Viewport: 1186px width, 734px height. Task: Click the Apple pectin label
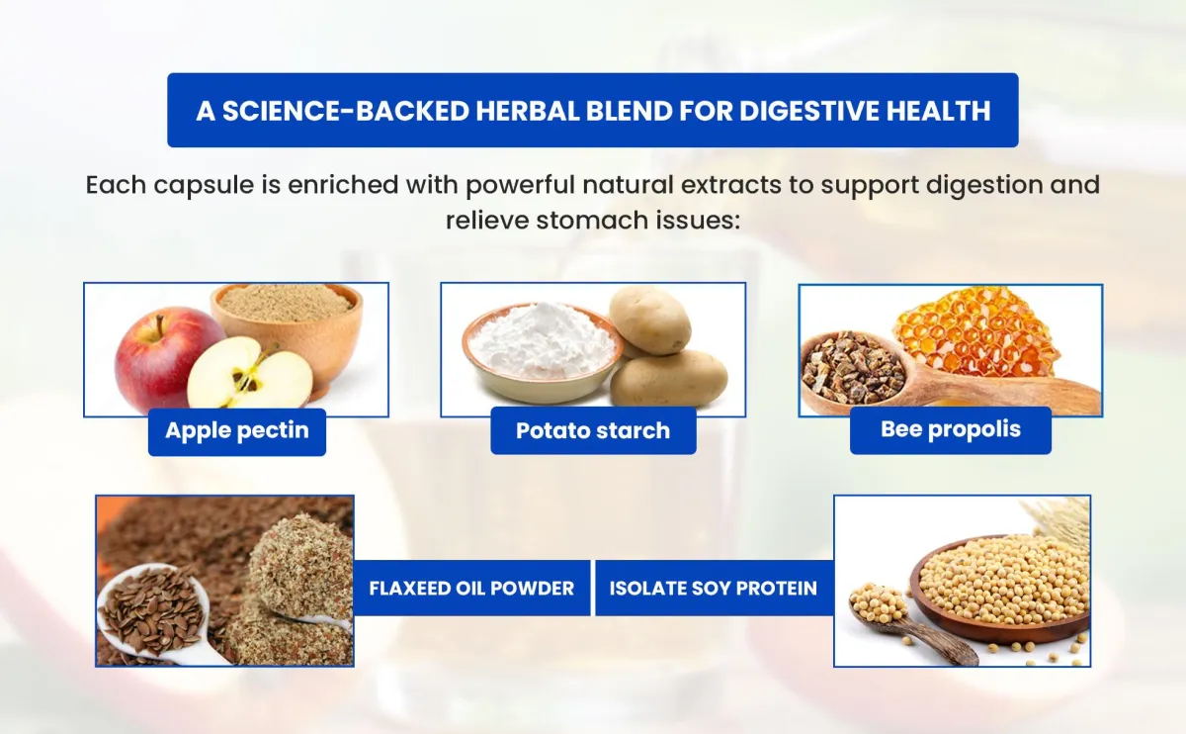(236, 431)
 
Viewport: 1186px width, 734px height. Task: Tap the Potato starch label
(593, 430)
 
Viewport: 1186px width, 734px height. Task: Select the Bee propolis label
(951, 429)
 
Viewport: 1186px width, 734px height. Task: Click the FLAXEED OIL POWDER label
(471, 588)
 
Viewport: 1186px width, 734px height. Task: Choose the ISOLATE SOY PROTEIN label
(714, 588)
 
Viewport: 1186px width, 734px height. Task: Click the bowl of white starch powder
(542, 352)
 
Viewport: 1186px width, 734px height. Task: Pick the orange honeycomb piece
(974, 331)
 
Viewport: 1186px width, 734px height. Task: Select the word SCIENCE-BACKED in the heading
(346, 112)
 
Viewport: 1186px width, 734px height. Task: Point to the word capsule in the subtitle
(204, 186)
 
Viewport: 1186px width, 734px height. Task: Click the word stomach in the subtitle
(592, 221)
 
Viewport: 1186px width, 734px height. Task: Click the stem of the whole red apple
(159, 320)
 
